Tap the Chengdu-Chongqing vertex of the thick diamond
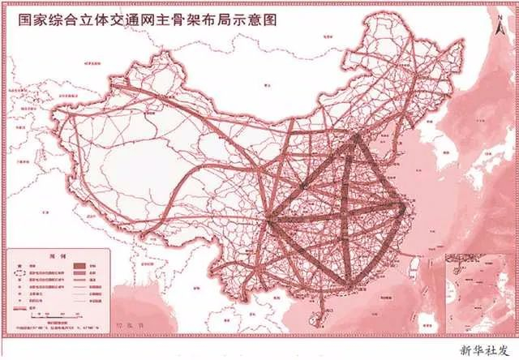(x=270, y=219)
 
